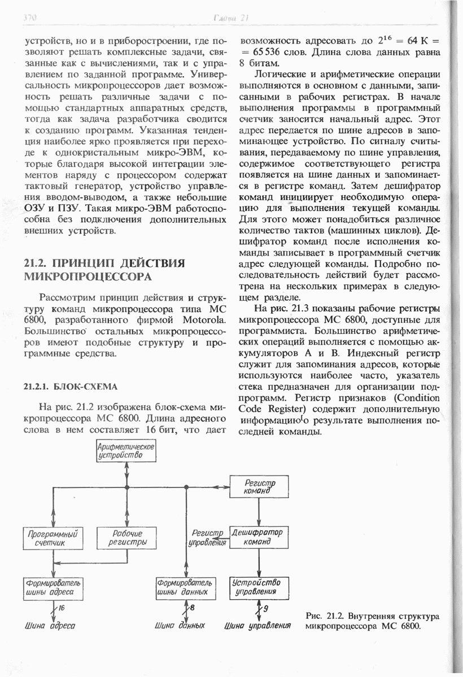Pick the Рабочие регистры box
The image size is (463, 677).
pos(126,538)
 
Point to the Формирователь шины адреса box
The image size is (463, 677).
pos(51,587)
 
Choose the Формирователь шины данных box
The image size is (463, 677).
pos(186,587)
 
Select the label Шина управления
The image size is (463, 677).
pos(257,626)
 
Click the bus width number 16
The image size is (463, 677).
pos(62,608)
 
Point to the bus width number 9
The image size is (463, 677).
pos(266,608)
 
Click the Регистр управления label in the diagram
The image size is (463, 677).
pos(208,538)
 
